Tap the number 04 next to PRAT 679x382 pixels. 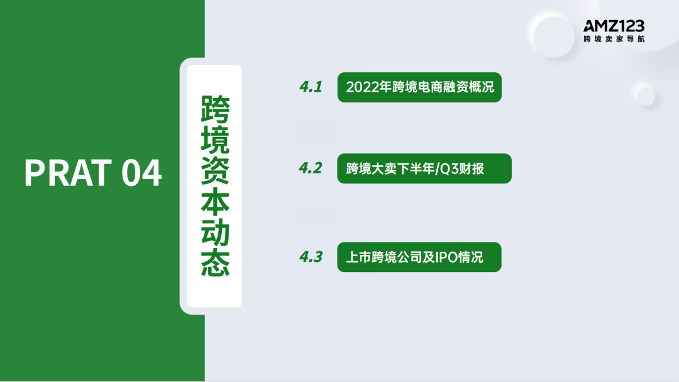click(x=141, y=173)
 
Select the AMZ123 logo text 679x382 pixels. click(x=614, y=26)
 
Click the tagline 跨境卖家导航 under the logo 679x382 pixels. click(x=614, y=39)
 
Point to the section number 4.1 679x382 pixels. click(x=311, y=87)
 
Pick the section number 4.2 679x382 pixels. click(x=311, y=168)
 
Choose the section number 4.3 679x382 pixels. click(x=311, y=257)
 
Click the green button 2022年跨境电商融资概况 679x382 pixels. click(x=419, y=87)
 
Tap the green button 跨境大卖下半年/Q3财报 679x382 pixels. click(x=424, y=168)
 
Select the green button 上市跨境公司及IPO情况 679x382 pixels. click(x=419, y=257)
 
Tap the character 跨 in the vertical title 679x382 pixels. click(x=214, y=110)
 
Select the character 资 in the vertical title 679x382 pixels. click(x=214, y=172)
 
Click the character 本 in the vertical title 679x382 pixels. click(x=214, y=202)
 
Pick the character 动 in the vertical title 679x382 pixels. click(x=214, y=233)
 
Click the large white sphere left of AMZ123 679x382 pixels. click(x=554, y=35)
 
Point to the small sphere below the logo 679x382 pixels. click(x=646, y=95)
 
